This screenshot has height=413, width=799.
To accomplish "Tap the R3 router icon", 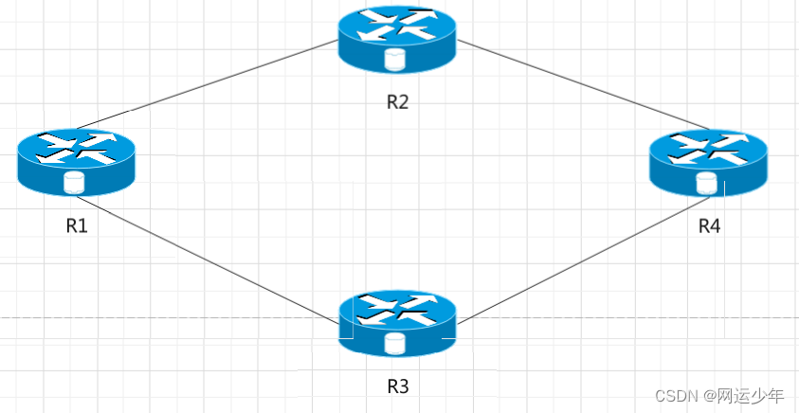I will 397,323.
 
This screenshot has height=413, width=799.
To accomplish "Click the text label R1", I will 76,226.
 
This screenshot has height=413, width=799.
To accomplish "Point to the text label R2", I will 397,102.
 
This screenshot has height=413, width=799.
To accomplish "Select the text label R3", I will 397,386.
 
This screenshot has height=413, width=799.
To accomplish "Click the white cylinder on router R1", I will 70,183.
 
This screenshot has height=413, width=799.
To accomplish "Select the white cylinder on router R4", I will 704,182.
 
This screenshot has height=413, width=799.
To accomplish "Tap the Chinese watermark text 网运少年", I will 750,395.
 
